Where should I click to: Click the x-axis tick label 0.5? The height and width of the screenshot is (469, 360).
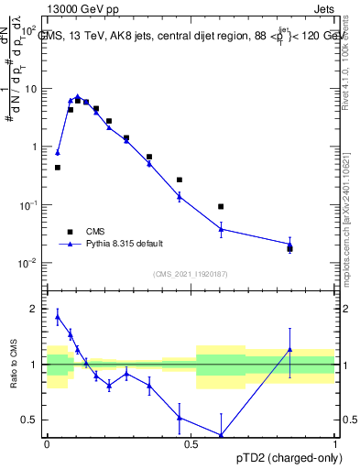coord(191,443)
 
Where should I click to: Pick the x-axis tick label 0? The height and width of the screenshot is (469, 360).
coord(47,443)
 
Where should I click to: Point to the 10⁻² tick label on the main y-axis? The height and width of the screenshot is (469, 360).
coord(30,263)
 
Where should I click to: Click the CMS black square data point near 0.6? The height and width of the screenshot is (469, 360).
coord(221,207)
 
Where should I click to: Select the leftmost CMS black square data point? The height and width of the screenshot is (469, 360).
coord(58,168)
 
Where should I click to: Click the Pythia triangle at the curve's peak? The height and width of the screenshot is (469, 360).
coord(78,96)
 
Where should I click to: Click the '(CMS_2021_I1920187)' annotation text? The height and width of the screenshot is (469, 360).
coord(191,274)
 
